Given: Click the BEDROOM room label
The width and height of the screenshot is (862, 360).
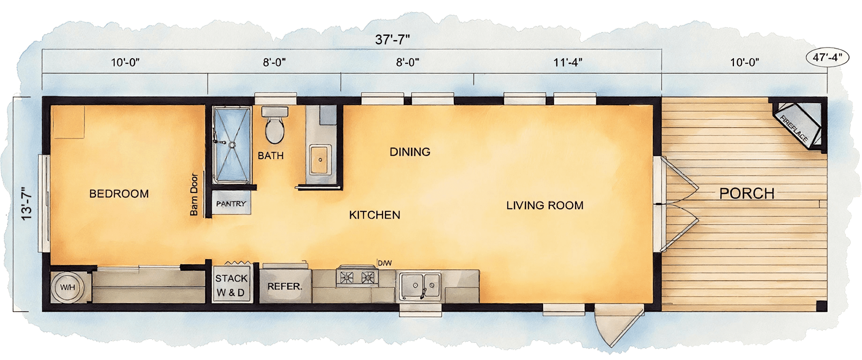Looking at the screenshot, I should [x=119, y=194].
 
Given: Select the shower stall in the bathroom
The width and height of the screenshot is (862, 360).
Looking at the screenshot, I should [x=232, y=144].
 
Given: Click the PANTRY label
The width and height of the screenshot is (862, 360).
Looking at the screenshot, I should [x=231, y=203].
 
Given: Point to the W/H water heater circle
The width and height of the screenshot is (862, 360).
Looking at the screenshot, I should [x=68, y=288].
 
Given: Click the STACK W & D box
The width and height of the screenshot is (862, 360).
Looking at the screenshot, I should [x=231, y=285].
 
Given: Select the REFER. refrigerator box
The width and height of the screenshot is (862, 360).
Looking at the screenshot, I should [x=284, y=286].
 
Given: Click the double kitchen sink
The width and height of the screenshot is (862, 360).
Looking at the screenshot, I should [x=419, y=285].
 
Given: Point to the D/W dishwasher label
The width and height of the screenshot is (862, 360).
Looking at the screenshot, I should [x=385, y=263].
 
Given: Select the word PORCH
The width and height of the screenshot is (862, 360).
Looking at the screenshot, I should [x=747, y=194].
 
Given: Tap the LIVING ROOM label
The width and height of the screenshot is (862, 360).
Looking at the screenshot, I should [x=545, y=205].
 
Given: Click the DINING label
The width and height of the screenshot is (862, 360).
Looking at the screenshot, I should [x=410, y=152].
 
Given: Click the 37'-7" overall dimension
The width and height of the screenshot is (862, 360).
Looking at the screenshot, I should [x=392, y=40].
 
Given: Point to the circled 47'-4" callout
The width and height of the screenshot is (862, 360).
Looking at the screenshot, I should [x=827, y=57].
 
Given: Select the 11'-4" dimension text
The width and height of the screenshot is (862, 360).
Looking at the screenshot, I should [x=568, y=63].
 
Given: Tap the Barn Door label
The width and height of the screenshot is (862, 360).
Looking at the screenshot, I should [x=194, y=194].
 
